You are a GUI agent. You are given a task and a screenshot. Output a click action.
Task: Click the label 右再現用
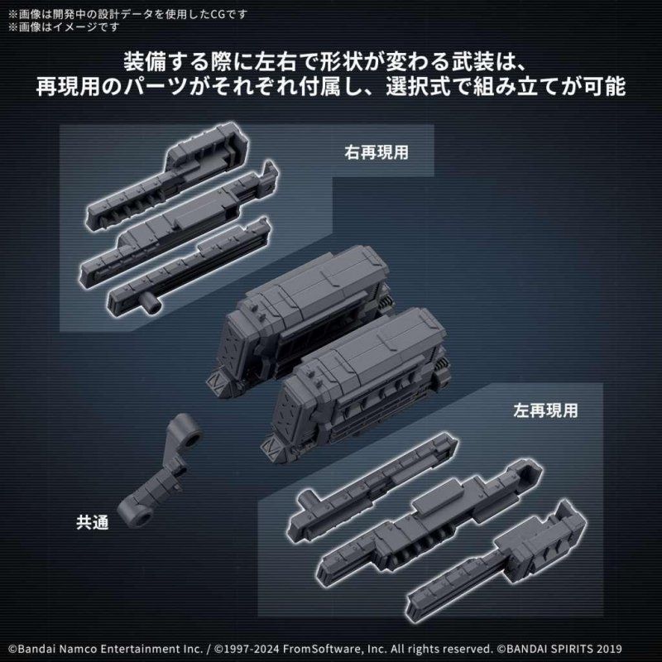pos(377,153)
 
